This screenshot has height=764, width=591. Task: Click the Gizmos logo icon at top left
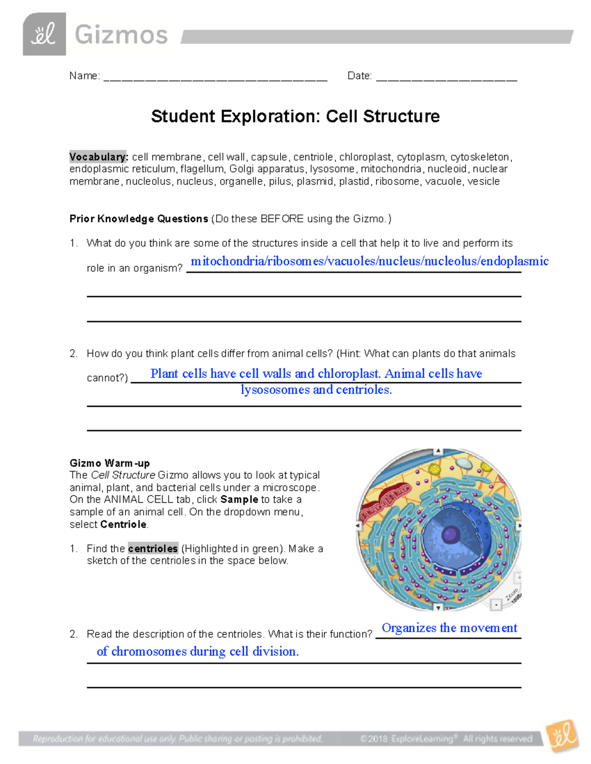point(44,34)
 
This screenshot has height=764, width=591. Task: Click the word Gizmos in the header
point(121,35)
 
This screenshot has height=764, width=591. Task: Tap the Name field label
point(84,76)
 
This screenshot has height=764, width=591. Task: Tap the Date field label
point(360,76)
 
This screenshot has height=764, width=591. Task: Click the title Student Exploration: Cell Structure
point(295,117)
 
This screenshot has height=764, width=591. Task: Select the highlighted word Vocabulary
point(98,157)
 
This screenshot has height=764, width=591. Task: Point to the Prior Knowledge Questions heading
point(139,219)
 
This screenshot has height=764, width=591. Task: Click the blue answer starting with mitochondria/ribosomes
point(369,261)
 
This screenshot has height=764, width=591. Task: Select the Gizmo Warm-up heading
point(109,463)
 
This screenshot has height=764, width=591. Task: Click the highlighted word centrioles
point(153,549)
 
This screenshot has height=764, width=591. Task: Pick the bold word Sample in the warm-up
point(239,499)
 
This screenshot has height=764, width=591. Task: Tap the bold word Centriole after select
point(123,524)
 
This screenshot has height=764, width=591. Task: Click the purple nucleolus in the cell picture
point(450,534)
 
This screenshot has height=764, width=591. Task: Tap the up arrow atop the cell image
point(438,451)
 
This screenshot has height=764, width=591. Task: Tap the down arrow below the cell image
point(438,608)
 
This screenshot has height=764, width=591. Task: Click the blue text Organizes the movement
point(449,628)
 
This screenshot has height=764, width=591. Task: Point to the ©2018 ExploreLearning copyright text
point(446,738)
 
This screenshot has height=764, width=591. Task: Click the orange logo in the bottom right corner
point(562,736)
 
